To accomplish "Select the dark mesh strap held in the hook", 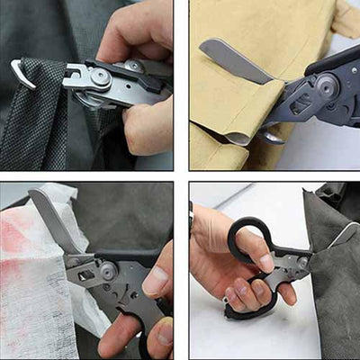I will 40,117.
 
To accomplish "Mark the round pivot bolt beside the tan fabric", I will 325,87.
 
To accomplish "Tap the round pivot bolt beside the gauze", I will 108,270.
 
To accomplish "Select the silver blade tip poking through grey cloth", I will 342,236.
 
